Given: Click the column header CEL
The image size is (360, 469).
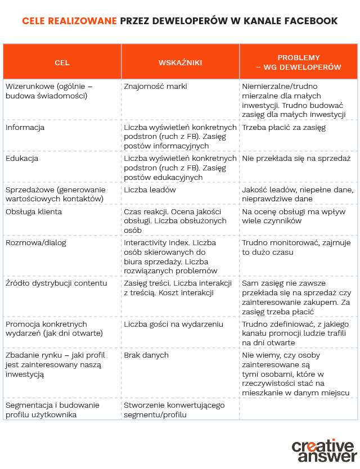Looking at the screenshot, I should point(62,62).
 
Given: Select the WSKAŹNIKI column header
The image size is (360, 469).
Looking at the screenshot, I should point(180,62).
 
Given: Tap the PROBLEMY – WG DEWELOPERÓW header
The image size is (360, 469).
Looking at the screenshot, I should point(299,62).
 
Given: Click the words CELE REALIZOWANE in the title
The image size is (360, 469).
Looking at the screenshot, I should point(70,21).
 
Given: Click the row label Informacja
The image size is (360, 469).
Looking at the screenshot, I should point(25,128).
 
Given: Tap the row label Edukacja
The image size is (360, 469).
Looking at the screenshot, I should point(22,159).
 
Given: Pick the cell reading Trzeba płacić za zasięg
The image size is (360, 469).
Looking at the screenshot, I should point(283,128).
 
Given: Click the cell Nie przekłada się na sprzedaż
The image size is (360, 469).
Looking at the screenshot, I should point(296,159).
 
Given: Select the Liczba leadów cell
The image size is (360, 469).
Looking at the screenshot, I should point(150,190).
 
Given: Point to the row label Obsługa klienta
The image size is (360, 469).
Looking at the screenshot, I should point(34,212).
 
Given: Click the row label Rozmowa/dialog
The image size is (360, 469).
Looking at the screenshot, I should point(36,243).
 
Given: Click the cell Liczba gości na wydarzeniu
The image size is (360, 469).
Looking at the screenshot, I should point(173,324).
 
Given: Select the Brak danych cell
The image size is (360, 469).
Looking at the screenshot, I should point(146,355).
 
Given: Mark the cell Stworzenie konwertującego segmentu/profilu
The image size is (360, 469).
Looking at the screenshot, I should point(174,409).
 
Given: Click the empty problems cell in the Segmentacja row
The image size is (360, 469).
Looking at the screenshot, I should point(298,409).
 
